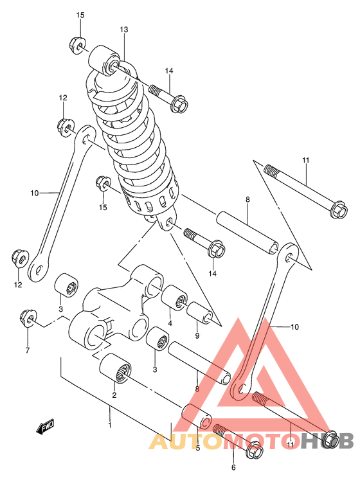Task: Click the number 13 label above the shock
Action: click(124, 30)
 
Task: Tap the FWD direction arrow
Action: click(46, 428)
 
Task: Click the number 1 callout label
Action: click(109, 425)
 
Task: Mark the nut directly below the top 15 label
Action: click(75, 45)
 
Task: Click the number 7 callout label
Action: click(28, 350)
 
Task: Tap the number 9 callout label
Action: click(197, 335)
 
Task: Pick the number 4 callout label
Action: click(170, 323)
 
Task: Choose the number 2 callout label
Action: click(114, 395)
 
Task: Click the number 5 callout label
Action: click(197, 448)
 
